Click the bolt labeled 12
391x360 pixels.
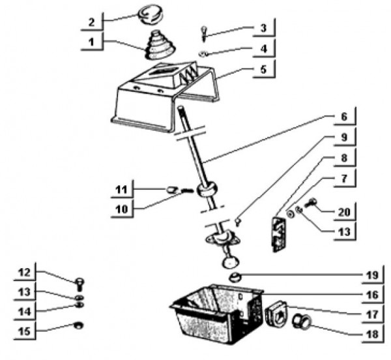pos(78,284)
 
